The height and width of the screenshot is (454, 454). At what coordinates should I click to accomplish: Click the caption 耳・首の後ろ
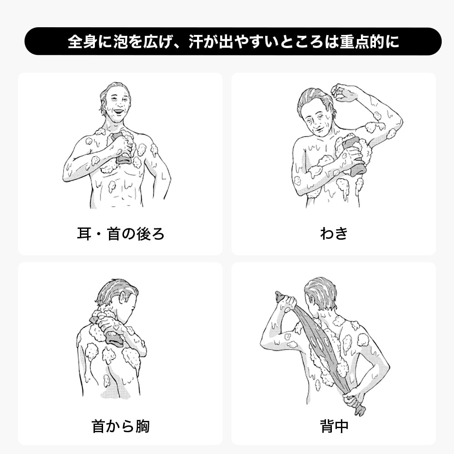pos(120,234)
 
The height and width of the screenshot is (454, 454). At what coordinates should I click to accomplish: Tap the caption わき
pos(334,234)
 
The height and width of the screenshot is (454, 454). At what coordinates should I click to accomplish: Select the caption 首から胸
pos(120,426)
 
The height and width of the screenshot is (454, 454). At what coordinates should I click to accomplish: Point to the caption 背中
pos(334,426)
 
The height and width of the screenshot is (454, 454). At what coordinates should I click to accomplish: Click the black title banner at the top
pos(233,41)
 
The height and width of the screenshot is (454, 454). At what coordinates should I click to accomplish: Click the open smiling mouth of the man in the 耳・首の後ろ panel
pos(118,111)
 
